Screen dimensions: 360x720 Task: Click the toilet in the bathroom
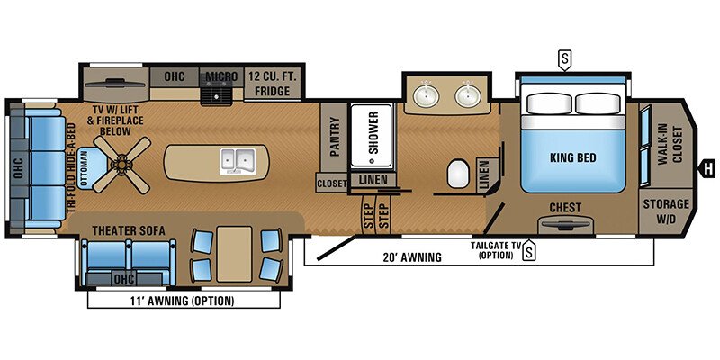[x=460, y=171]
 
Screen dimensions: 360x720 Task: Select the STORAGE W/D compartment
[x=666, y=210]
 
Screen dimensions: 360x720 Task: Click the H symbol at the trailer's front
[x=708, y=166]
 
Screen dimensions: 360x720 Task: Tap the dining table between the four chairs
[x=235, y=250]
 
